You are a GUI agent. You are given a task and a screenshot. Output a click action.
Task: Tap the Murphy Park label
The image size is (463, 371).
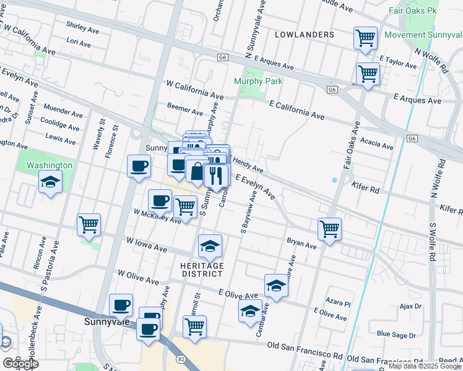click(258, 81)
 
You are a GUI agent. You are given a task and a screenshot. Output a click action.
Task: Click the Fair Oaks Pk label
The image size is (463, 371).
click(413, 11)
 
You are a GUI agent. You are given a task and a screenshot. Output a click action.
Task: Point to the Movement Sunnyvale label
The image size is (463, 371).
click(423, 35)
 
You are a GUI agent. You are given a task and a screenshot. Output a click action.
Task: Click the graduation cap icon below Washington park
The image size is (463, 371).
click(50, 182)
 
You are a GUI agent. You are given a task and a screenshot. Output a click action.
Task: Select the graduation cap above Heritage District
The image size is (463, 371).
click(210, 246)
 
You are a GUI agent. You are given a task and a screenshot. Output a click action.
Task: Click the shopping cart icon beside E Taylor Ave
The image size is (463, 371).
click(368, 74)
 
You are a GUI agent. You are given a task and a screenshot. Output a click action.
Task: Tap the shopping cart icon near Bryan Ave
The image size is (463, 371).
click(330, 229)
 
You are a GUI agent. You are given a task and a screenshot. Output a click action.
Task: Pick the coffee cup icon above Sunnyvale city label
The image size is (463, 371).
click(121, 305)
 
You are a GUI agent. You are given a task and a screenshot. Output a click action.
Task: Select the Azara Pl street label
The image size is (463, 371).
click(339, 304)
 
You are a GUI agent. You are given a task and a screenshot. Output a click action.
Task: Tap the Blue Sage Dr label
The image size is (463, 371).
click(396, 335)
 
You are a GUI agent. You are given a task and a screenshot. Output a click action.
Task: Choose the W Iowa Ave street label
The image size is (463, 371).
click(147, 244)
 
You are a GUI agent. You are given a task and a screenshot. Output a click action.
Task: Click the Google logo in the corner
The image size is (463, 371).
click(20, 364)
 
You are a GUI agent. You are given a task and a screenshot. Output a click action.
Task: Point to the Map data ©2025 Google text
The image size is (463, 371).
click(425, 366)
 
